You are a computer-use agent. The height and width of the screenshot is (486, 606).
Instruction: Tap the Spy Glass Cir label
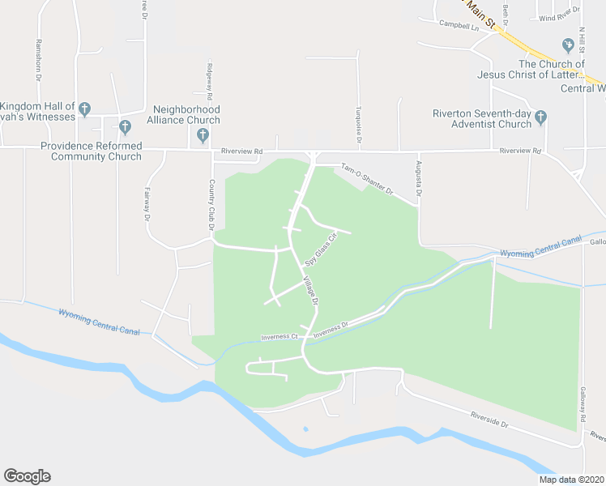[x=320, y=250]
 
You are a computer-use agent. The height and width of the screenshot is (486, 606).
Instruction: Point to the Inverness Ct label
[x=280, y=336]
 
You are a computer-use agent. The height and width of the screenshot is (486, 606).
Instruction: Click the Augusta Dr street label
[x=420, y=184]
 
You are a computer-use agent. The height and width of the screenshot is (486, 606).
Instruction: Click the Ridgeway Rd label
[x=208, y=79]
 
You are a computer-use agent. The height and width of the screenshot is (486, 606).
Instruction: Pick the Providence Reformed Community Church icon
[x=124, y=126]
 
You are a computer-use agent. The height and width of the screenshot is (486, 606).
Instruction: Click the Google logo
[x=27, y=476]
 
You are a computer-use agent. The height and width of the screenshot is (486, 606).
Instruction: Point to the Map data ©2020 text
[x=572, y=480]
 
